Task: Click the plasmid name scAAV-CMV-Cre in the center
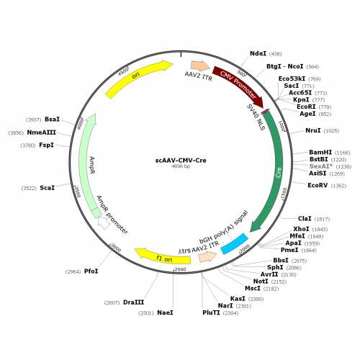click(x=181, y=161)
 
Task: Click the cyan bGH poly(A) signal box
click(x=234, y=243)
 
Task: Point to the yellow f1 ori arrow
click(x=163, y=257)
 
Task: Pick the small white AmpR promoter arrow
click(x=104, y=223)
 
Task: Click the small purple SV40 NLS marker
click(x=265, y=111)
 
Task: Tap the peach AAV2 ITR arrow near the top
click(x=200, y=66)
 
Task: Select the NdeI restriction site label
click(x=258, y=53)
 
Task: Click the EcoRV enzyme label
click(x=318, y=185)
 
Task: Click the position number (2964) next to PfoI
click(x=73, y=271)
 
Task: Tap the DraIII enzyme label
click(x=133, y=302)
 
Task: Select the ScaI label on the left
click(x=47, y=188)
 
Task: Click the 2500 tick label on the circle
click(x=180, y=269)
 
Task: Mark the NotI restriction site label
click(x=261, y=282)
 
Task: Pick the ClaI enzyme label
click(x=305, y=219)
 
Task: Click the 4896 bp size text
click(x=181, y=166)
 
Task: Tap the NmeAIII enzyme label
click(x=41, y=132)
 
